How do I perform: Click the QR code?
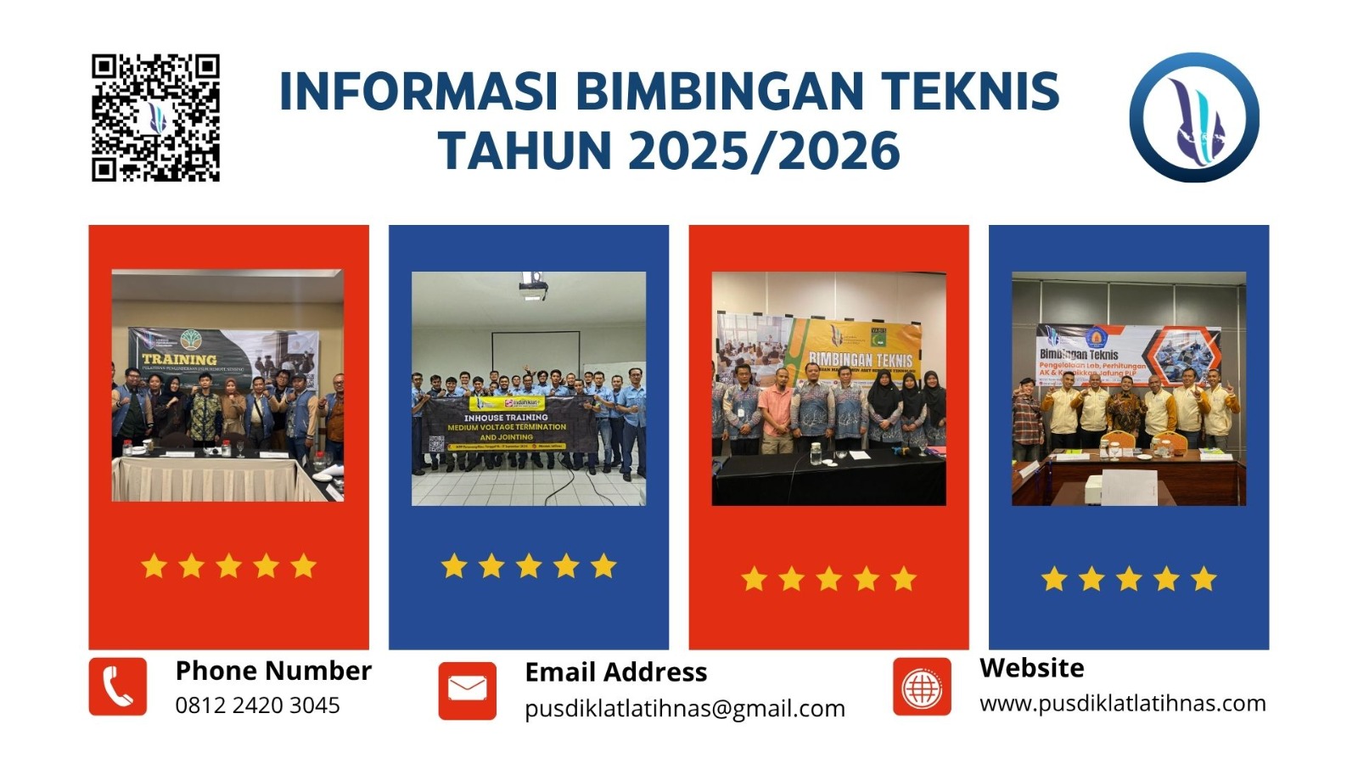155,118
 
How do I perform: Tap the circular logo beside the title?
1194,117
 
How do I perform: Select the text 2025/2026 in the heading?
764,151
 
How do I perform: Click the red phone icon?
118,686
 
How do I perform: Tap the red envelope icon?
467,690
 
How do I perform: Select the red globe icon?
922,686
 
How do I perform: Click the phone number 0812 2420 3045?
257,705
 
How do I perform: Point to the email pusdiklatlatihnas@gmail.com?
684,709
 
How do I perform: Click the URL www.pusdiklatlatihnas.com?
1122,704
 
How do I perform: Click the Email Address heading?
615,672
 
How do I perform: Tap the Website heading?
1031,668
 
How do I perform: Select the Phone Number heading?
273,671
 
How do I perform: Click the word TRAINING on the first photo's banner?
179,359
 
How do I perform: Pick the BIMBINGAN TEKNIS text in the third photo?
860,360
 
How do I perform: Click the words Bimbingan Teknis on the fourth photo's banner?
1079,353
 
